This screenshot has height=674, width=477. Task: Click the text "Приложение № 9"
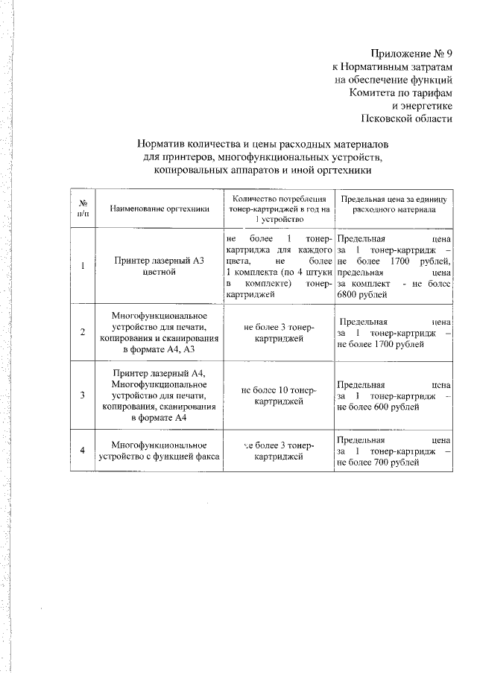(x=411, y=54)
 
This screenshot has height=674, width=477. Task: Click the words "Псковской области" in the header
(x=405, y=119)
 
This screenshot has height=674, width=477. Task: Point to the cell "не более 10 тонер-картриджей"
(x=279, y=395)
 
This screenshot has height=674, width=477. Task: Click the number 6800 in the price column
(x=350, y=295)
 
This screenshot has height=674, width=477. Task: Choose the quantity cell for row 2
(x=279, y=333)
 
